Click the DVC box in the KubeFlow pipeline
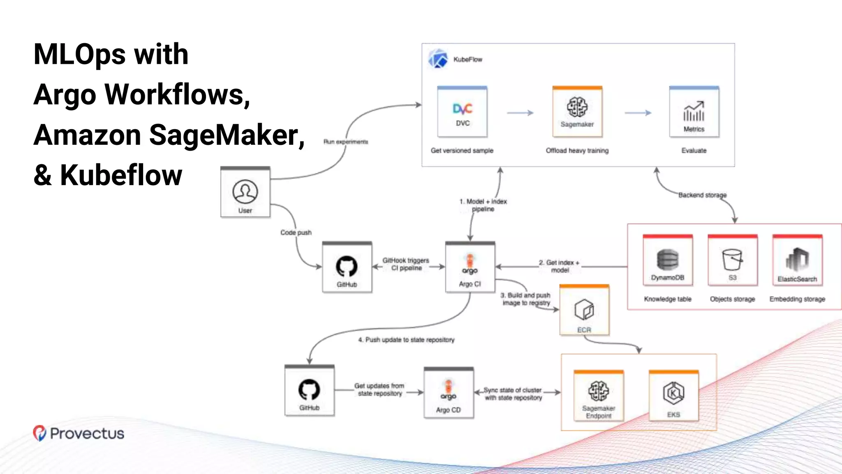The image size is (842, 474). point(462,112)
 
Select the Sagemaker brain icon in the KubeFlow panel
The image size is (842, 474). point(577,107)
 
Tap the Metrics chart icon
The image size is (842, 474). point(694,111)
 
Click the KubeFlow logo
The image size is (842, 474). point(438,59)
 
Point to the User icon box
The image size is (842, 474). point(245,192)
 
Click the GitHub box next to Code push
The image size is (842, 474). point(347,267)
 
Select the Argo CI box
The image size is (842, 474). point(470,267)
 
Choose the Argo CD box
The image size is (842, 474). point(449,393)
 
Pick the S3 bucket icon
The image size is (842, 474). point(732,259)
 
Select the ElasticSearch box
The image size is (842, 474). point(797,261)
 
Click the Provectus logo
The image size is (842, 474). point(79,433)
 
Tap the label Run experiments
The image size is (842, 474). point(345,142)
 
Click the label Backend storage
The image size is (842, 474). point(702,195)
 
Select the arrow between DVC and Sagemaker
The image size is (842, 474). point(520,113)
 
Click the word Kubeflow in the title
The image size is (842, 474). point(121,176)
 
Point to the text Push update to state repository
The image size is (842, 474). point(406,340)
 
